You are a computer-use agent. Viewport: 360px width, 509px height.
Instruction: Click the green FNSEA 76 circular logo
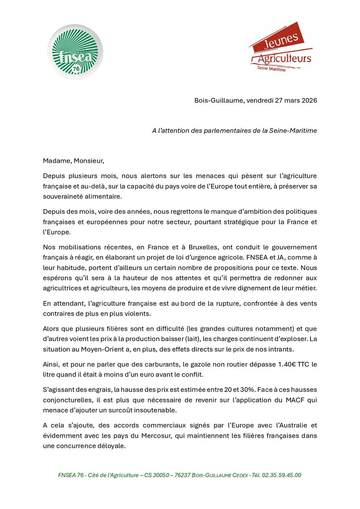(75, 51)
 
